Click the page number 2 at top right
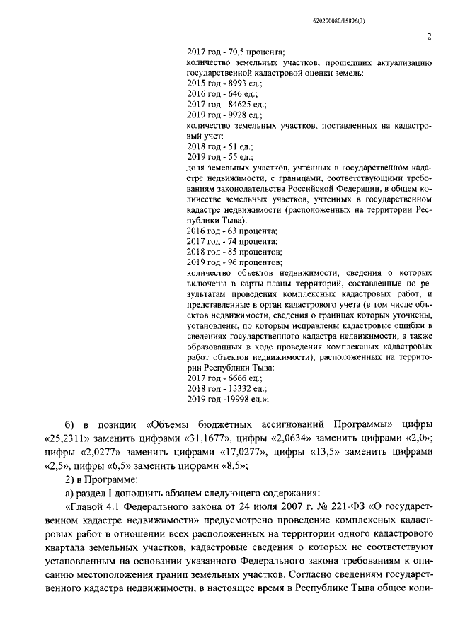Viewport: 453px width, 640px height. click(429, 37)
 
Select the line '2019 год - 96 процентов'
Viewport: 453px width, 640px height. click(234, 262)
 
